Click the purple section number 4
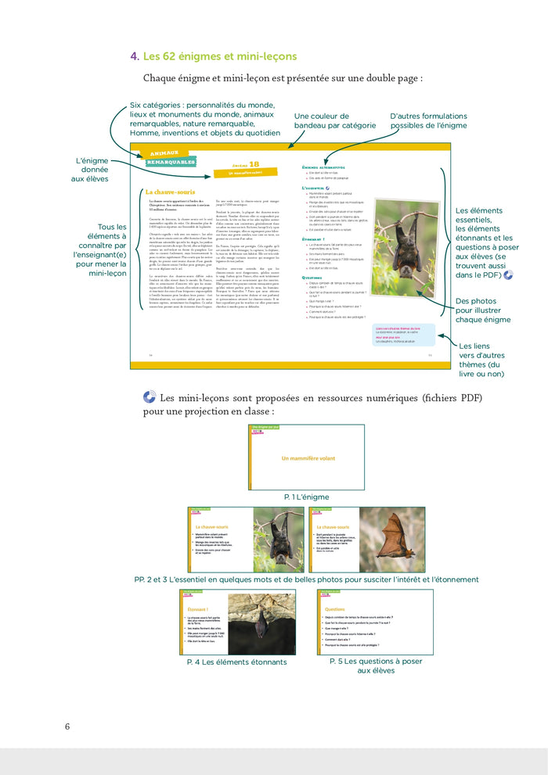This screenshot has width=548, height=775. tap(135, 56)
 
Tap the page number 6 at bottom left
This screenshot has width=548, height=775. tap(67, 727)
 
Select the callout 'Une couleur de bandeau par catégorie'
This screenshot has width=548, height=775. tap(334, 120)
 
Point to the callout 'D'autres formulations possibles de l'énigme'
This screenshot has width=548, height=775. tap(428, 120)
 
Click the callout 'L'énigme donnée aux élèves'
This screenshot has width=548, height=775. tap(88, 170)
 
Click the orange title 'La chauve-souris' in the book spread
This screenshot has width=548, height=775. tap(170, 192)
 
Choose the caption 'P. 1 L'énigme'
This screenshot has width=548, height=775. tap(307, 497)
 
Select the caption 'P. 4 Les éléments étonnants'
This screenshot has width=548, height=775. tap(236, 662)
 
